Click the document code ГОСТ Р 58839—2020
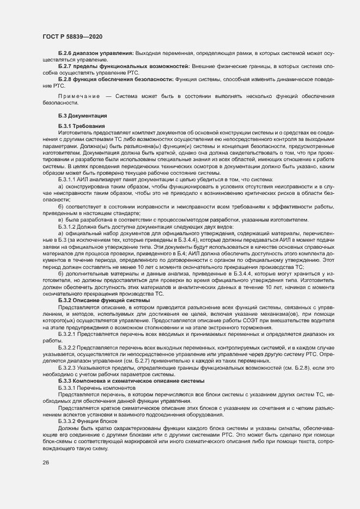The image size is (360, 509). [72, 36]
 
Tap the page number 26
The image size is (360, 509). [46, 463]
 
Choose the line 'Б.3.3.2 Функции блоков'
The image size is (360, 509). [87, 421]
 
